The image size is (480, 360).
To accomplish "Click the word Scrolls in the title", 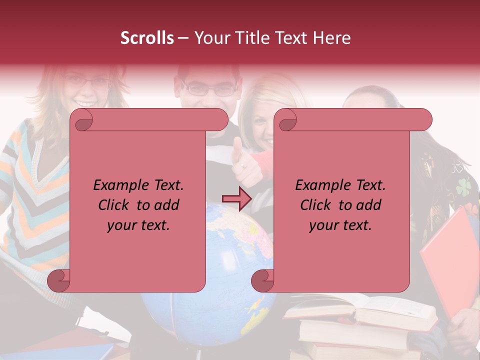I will [x=147, y=38].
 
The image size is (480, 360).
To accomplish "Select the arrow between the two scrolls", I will [x=236, y=199].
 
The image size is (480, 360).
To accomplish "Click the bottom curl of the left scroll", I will [x=59, y=280].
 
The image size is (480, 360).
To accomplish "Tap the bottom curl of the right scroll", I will [x=263, y=280].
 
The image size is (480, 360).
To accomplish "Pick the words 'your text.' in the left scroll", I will [x=138, y=225].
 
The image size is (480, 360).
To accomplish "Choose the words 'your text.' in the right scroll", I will [x=340, y=225].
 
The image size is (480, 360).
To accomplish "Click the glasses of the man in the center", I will [x=210, y=90].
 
